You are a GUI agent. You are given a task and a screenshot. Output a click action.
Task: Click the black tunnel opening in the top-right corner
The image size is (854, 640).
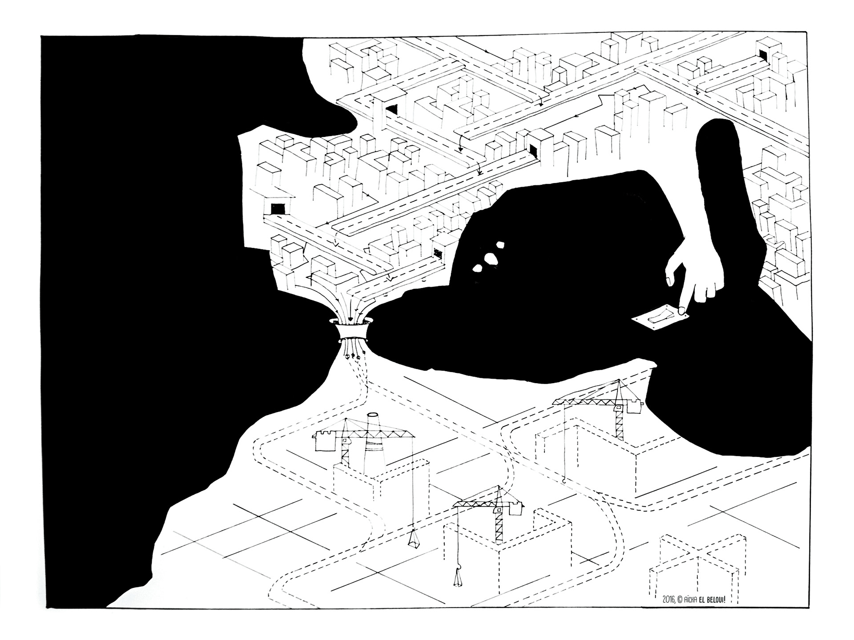(x=764, y=54)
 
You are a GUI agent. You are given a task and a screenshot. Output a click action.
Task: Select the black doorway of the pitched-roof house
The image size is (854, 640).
(x=278, y=208)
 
